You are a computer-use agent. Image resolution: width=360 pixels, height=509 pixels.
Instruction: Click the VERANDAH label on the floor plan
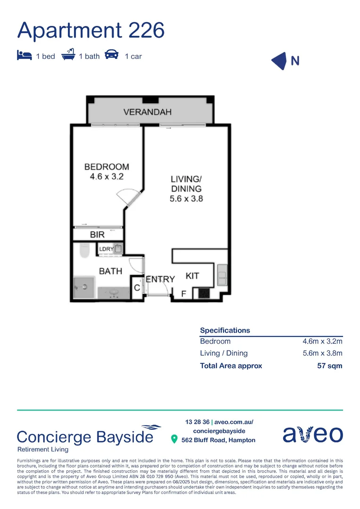point(147,112)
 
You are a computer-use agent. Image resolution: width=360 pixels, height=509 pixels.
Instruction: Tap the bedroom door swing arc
point(128,194)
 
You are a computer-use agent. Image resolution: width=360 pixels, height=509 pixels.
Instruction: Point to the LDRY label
point(106,249)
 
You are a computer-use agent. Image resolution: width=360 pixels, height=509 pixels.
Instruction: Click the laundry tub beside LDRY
point(118,248)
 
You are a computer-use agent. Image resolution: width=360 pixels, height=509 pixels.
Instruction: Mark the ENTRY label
point(160,279)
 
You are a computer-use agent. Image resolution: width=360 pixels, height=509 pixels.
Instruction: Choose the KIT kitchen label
point(192,276)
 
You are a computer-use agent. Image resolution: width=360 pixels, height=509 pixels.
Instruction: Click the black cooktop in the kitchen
point(204,293)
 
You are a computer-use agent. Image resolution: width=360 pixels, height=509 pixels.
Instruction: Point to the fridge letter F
point(184,294)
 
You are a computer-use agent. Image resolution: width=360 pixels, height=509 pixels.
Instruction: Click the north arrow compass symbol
point(280,61)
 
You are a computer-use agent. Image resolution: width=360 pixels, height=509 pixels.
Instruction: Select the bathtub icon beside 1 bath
point(68,55)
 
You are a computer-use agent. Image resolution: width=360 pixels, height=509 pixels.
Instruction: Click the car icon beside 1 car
point(112,55)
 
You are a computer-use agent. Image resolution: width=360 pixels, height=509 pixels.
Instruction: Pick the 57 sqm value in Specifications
point(329,366)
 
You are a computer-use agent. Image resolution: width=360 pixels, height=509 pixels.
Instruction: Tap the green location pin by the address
point(174,440)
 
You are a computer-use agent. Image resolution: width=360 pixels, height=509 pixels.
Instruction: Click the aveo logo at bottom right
point(312,434)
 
